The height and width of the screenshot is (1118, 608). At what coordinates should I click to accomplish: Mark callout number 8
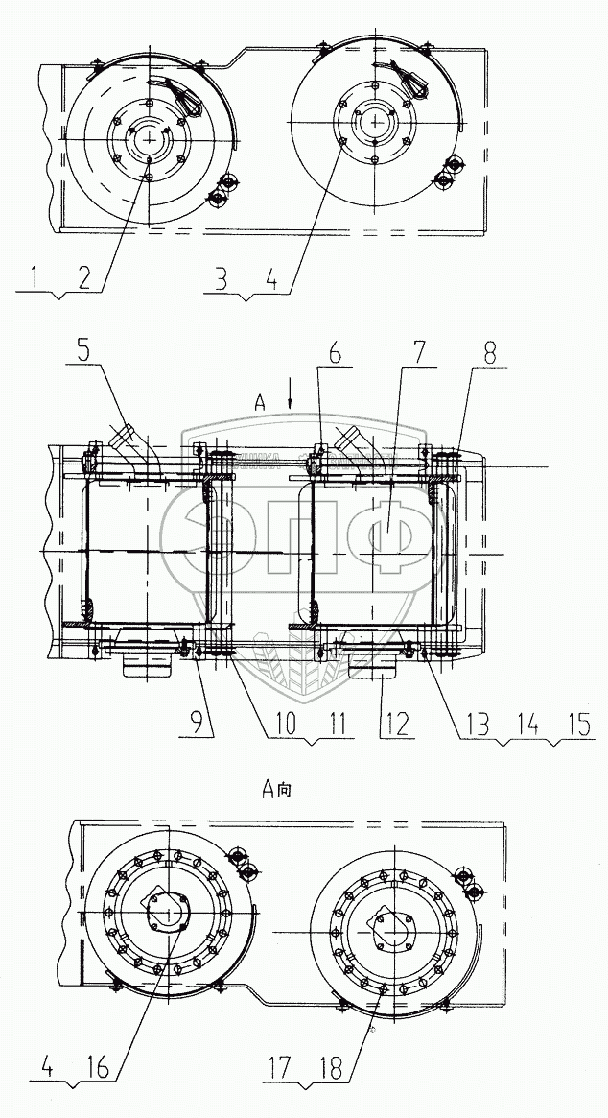coord(490,352)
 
